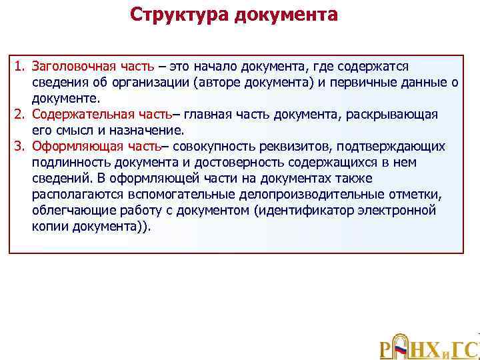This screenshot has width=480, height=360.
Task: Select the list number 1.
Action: [20, 67]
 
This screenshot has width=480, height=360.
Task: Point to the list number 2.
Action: [20, 115]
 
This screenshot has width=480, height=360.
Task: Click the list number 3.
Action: [20, 147]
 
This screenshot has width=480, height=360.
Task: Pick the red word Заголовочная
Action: [70, 67]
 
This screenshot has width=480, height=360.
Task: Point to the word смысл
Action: [71, 131]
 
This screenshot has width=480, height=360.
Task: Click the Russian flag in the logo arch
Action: [401, 349]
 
